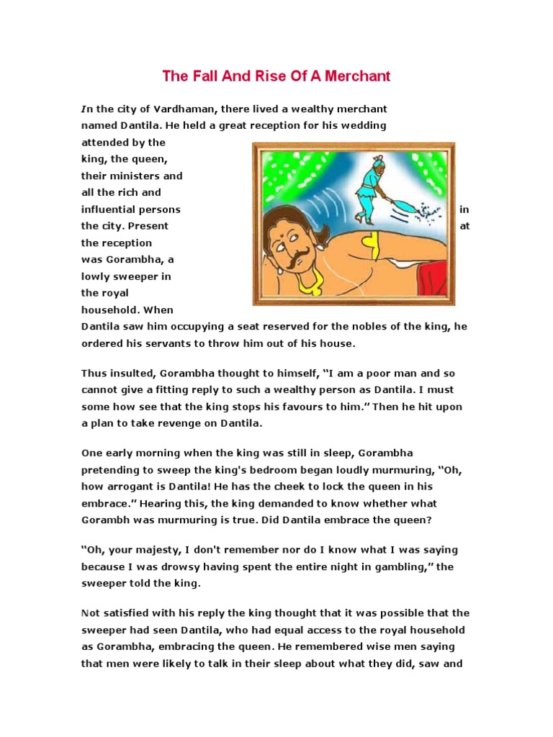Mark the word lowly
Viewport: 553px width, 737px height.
click(96, 276)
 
